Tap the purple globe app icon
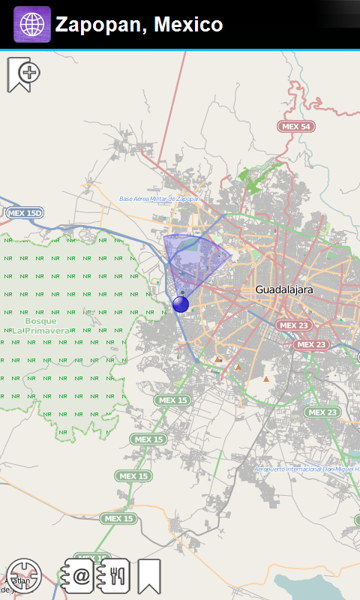tap(31, 24)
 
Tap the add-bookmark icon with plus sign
tap(22, 74)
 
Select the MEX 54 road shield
tap(295, 127)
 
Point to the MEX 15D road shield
tap(25, 214)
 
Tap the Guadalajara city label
tap(283, 289)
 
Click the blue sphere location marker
tap(181, 304)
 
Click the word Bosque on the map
tap(40, 321)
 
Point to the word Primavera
tap(46, 330)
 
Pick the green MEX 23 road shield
tap(322, 412)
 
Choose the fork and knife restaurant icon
tap(114, 576)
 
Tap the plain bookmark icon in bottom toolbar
tap(149, 576)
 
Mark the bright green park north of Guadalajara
tap(251, 178)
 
